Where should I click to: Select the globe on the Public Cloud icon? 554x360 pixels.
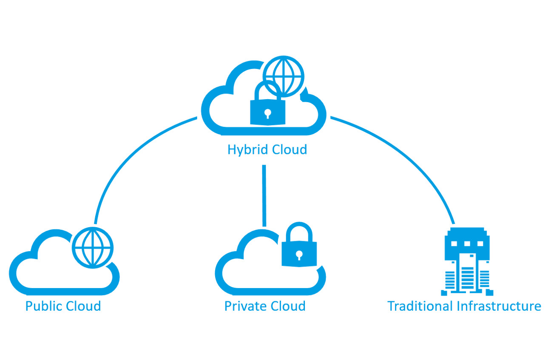pos(93,248)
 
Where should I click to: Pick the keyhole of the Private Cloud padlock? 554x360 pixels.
pos(299,255)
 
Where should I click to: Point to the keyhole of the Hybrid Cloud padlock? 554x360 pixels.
pos(267,113)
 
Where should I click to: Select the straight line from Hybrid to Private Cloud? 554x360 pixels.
pos(264,196)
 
